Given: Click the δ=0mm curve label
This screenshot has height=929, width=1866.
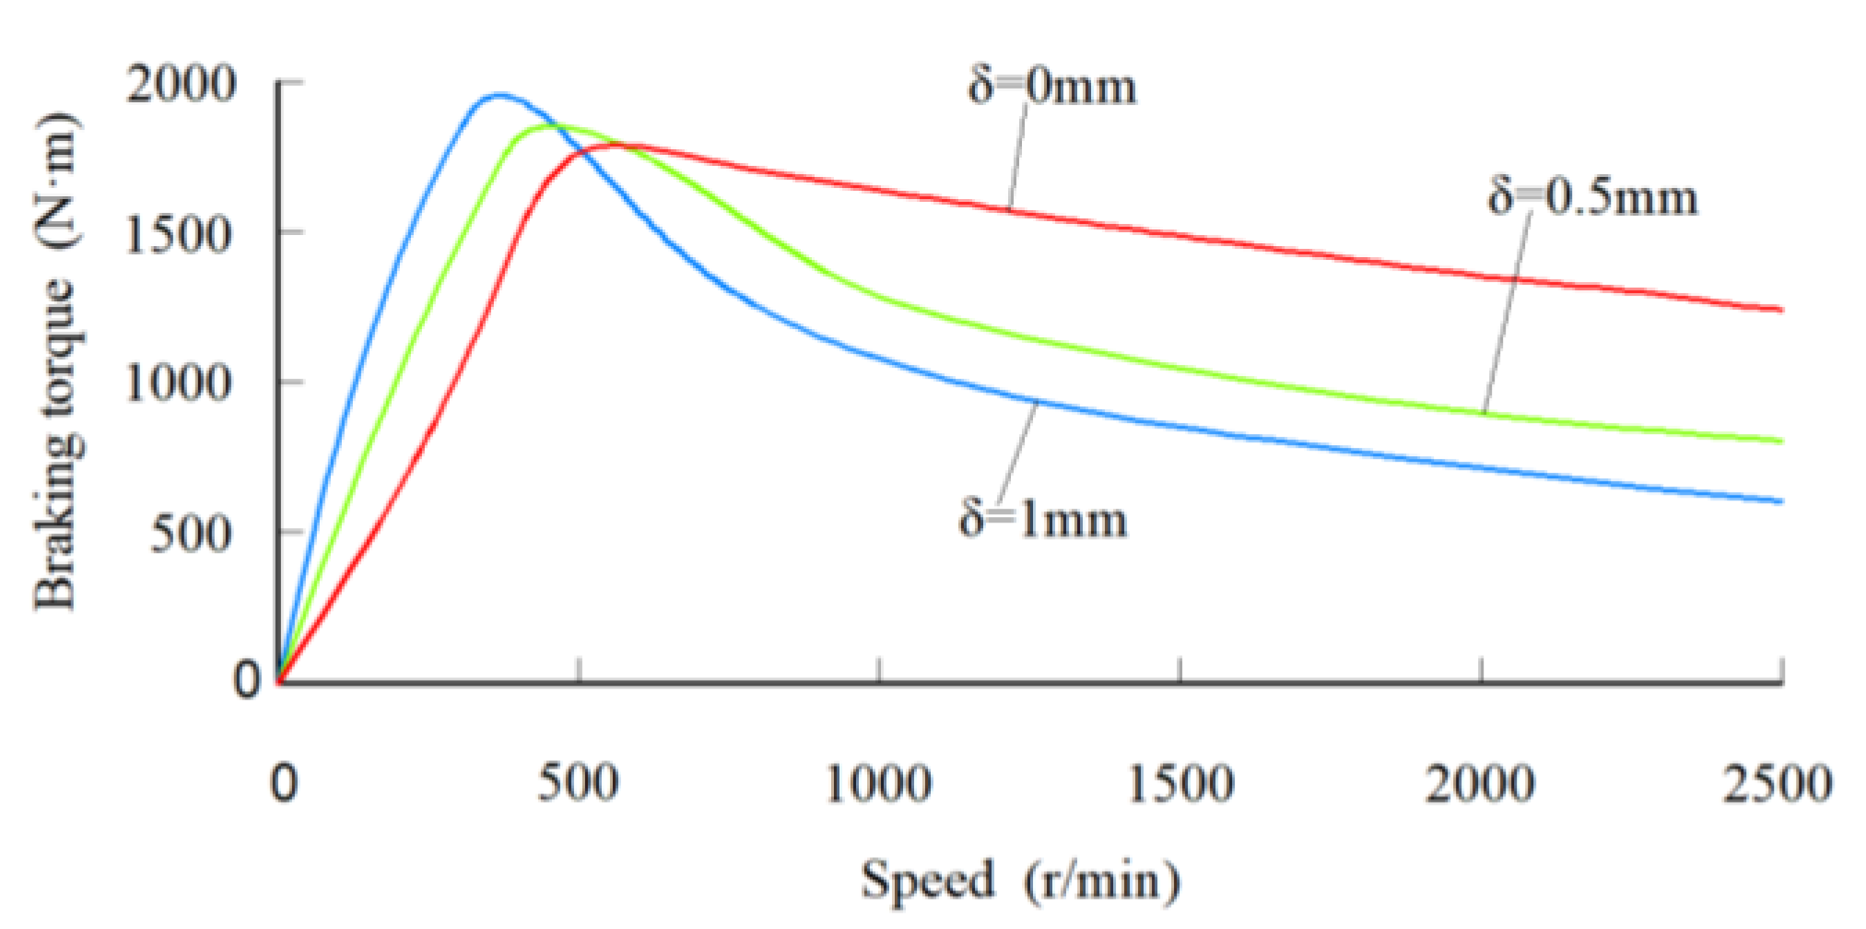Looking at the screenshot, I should coord(1051,88).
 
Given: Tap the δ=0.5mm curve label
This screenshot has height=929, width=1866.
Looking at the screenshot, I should coord(1592,198).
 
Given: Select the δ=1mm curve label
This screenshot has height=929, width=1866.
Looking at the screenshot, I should coord(1043,519).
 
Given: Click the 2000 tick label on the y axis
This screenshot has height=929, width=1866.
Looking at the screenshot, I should coord(182,85).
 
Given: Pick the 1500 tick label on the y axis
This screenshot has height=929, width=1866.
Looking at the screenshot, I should coord(180,234).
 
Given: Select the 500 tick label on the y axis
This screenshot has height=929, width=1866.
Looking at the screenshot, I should coord(192,534).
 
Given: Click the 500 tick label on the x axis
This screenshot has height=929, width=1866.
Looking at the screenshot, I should coord(579,783).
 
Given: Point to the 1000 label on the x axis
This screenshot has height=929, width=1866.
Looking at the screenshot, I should coord(878,783).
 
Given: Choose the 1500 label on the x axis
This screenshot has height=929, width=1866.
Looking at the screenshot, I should coord(1180,783).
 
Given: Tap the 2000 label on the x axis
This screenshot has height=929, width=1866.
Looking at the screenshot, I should coord(1480,783).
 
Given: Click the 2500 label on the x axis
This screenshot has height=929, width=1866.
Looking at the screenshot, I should coord(1778,783).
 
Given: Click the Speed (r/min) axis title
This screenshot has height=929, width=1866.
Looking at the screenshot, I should coord(1020,880).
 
